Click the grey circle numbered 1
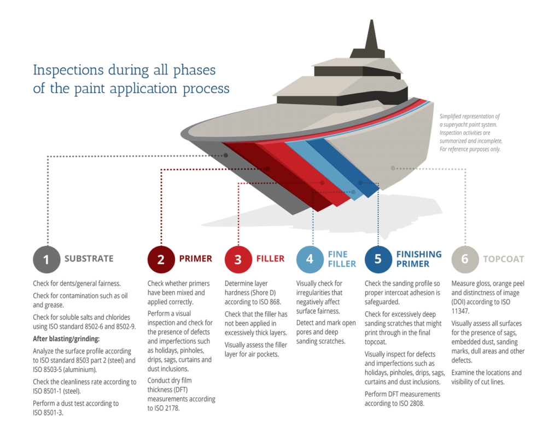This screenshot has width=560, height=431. point(46,259)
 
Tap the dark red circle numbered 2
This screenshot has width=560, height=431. point(161,259)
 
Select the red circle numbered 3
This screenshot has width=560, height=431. point(238,259)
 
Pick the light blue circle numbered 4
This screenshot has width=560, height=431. point(310,259)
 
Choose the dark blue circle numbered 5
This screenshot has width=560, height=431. point(378,259)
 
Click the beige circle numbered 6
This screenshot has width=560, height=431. point(465,259)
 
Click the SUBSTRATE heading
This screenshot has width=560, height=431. point(89,258)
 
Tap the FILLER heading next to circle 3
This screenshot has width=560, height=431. point(270,258)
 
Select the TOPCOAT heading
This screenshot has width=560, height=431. point(503,258)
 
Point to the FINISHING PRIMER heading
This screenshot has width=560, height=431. point(419,259)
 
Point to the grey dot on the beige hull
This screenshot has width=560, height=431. point(393,168)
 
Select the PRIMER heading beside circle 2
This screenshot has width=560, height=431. point(195,258)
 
